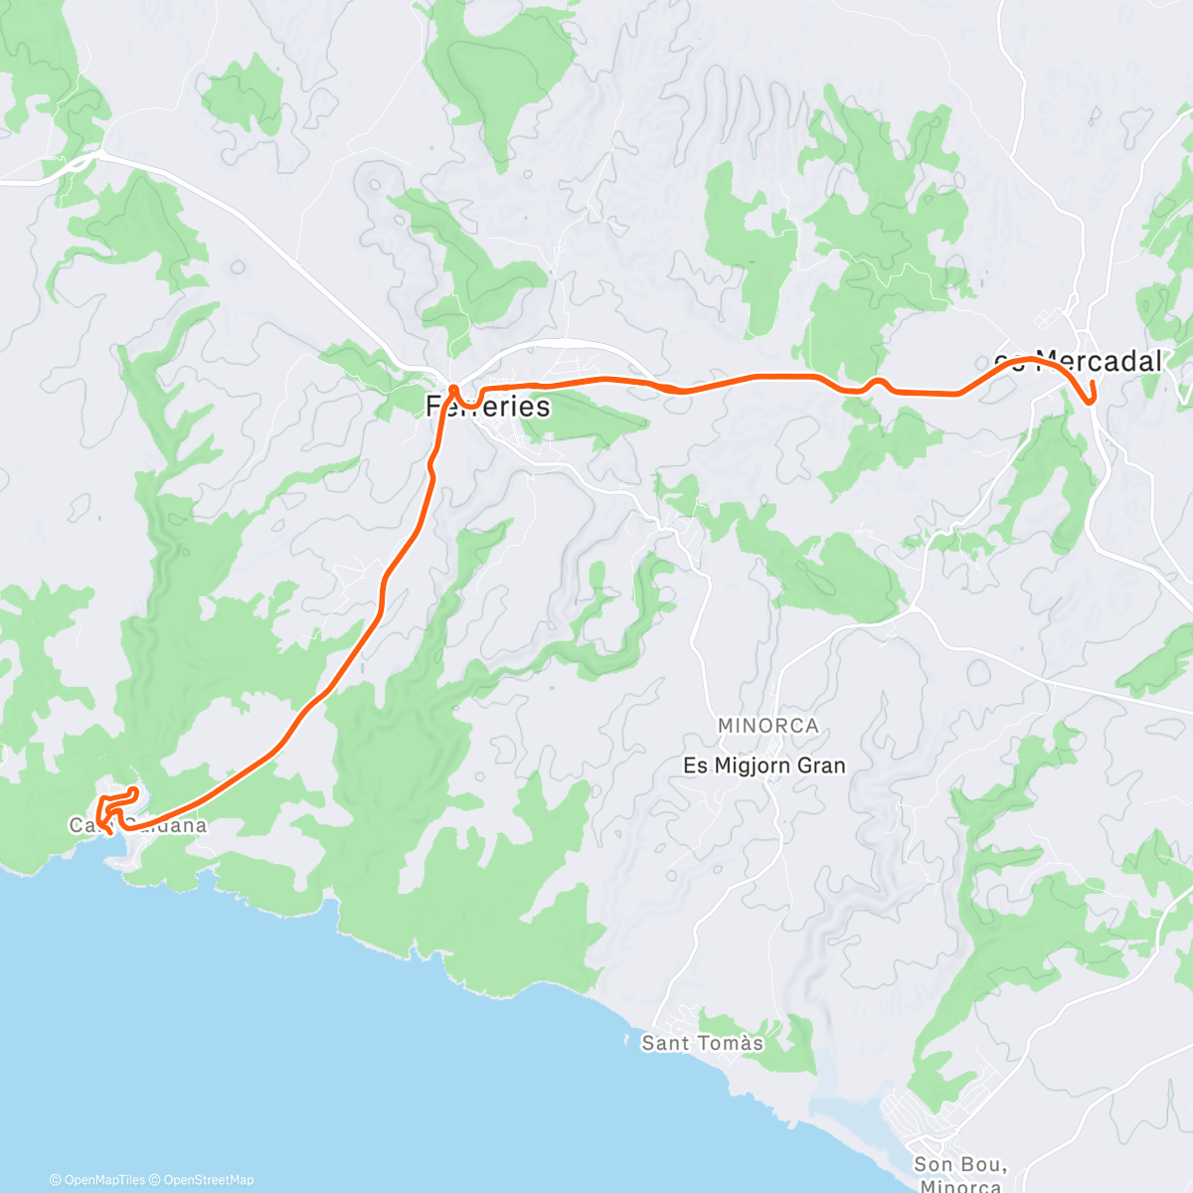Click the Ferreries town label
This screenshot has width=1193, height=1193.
[487, 406]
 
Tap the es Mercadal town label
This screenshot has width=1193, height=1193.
[1079, 361]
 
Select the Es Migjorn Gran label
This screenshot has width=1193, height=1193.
[765, 766]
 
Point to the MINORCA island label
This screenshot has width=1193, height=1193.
[768, 726]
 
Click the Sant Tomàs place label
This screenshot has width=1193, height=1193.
[702, 1043]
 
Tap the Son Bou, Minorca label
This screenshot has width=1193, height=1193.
[960, 1174]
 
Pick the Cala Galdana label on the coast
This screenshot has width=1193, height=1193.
[138, 825]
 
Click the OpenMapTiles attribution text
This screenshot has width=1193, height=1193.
[96, 1180]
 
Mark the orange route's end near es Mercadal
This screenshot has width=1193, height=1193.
[1092, 383]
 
